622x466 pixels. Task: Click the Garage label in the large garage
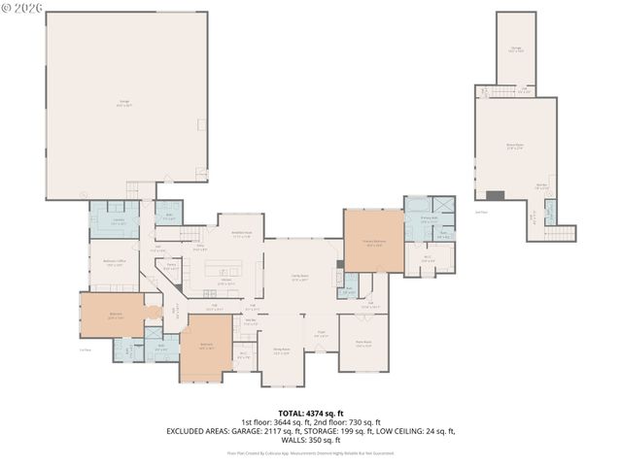126,103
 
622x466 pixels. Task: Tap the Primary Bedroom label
374,243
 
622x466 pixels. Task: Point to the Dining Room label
281,351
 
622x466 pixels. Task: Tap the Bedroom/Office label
116,263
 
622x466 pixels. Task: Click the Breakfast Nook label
241,234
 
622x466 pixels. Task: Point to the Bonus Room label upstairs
515,146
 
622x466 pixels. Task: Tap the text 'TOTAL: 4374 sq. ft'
310,413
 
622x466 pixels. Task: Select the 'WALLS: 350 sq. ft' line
311,439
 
